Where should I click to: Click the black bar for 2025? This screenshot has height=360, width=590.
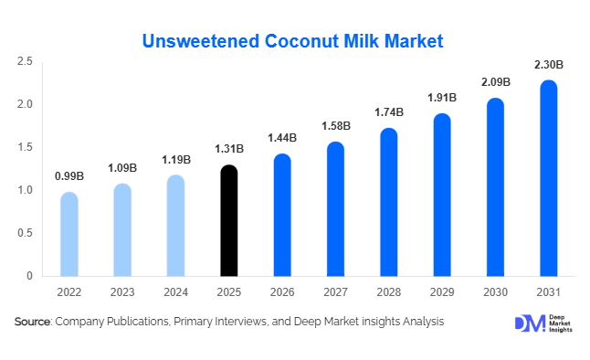click(x=228, y=221)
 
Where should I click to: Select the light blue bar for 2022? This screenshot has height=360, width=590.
click(x=69, y=234)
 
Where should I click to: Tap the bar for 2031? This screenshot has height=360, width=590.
click(x=549, y=178)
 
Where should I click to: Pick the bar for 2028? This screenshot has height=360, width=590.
click(x=389, y=202)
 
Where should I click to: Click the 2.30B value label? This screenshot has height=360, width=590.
click(x=549, y=65)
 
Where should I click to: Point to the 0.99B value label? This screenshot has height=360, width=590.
click(x=69, y=175)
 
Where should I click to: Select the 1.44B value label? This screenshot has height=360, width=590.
click(x=282, y=138)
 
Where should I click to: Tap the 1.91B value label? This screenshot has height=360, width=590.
click(x=442, y=98)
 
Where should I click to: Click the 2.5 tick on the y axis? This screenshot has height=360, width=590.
click(x=25, y=61)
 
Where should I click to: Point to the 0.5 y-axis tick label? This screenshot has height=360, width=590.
click(x=25, y=233)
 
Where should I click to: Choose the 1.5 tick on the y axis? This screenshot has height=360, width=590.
click(x=25, y=147)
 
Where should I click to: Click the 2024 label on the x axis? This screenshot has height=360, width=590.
click(x=175, y=291)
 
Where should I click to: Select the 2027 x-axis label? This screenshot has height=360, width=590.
click(x=335, y=291)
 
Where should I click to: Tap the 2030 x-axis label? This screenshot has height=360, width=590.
click(x=496, y=291)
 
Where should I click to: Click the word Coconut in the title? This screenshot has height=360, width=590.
click(x=302, y=41)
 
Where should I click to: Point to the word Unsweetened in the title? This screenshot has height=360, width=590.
click(x=201, y=41)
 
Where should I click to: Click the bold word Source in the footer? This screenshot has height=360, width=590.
click(x=32, y=322)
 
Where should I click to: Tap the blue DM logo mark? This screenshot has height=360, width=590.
click(x=530, y=323)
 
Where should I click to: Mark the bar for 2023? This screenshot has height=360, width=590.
click(x=122, y=230)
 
